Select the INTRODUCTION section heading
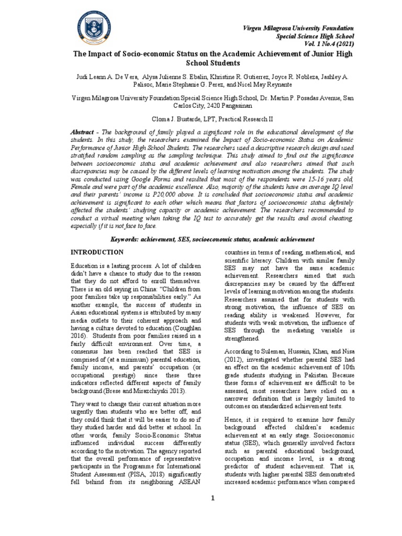pyautogui.click(x=97, y=252)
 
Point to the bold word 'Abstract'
pyautogui.click(x=84, y=133)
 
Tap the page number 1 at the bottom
pyautogui.click(x=213, y=498)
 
